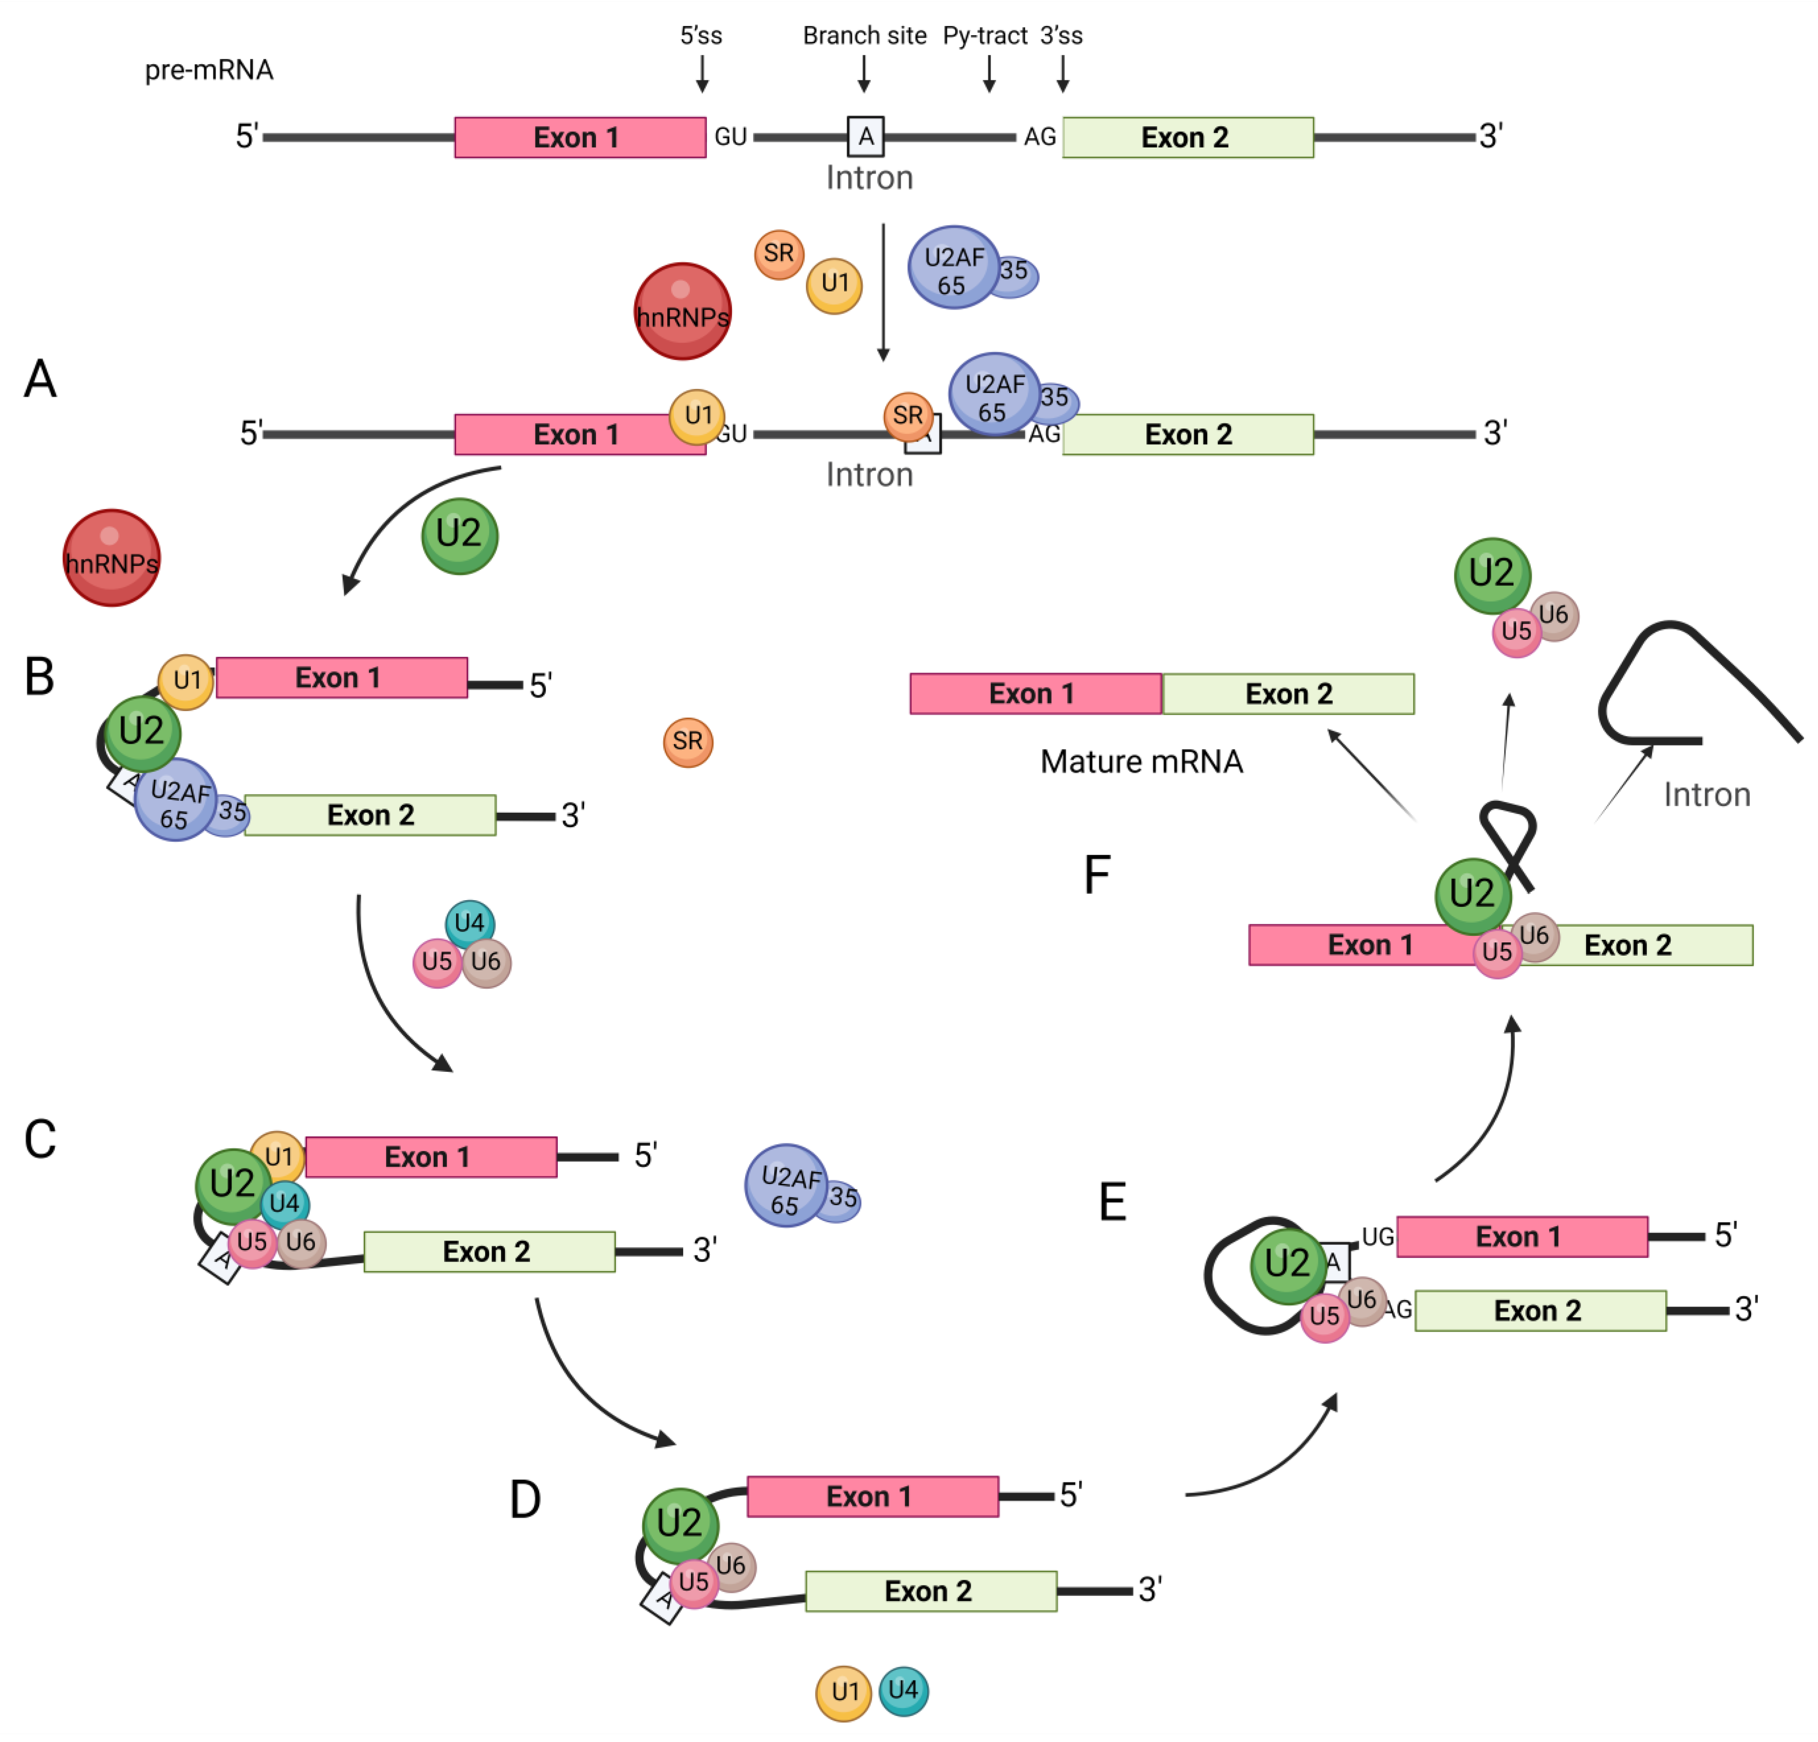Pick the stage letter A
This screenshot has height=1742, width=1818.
click(x=40, y=379)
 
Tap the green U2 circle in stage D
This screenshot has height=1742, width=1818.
click(x=680, y=1524)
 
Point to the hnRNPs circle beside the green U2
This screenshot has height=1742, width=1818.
click(x=111, y=558)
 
